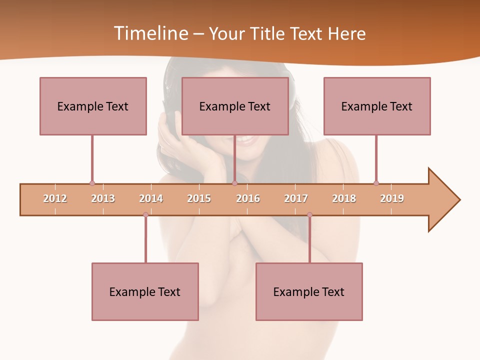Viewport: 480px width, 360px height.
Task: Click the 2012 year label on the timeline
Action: point(55,198)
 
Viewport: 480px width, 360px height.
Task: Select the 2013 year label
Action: point(103,198)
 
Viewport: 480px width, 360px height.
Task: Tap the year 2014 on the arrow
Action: point(151,198)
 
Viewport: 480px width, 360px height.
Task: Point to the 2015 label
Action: point(199,198)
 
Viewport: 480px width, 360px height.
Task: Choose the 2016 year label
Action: point(248,198)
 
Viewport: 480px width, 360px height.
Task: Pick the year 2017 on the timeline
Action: point(296,198)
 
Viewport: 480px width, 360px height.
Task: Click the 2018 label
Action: point(344,198)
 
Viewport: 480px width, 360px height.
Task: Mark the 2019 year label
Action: point(392,198)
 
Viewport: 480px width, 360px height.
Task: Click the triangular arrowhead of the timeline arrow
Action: point(442,200)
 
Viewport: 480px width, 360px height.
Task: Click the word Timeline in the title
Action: point(150,33)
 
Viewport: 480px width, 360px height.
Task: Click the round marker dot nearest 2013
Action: point(92,183)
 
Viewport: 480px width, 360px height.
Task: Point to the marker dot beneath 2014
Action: point(145,214)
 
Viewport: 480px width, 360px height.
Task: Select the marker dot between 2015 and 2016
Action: point(234,183)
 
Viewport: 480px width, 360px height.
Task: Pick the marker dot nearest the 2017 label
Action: point(309,214)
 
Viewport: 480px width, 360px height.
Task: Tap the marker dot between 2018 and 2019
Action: point(376,183)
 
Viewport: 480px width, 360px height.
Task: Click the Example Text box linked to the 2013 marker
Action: point(93,106)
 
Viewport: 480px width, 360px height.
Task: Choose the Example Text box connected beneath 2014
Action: point(145,291)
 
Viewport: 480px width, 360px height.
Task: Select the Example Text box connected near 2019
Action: point(377,106)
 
